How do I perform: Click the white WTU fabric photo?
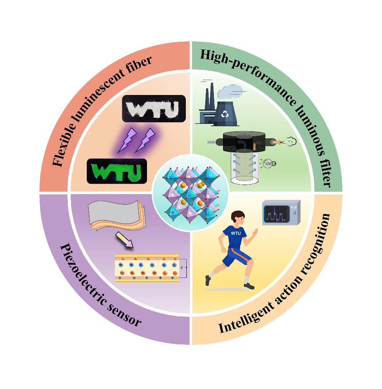click(154, 109)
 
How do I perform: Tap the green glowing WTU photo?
click(116, 171)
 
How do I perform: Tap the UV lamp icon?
click(270, 164)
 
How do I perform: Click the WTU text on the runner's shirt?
click(235, 233)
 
